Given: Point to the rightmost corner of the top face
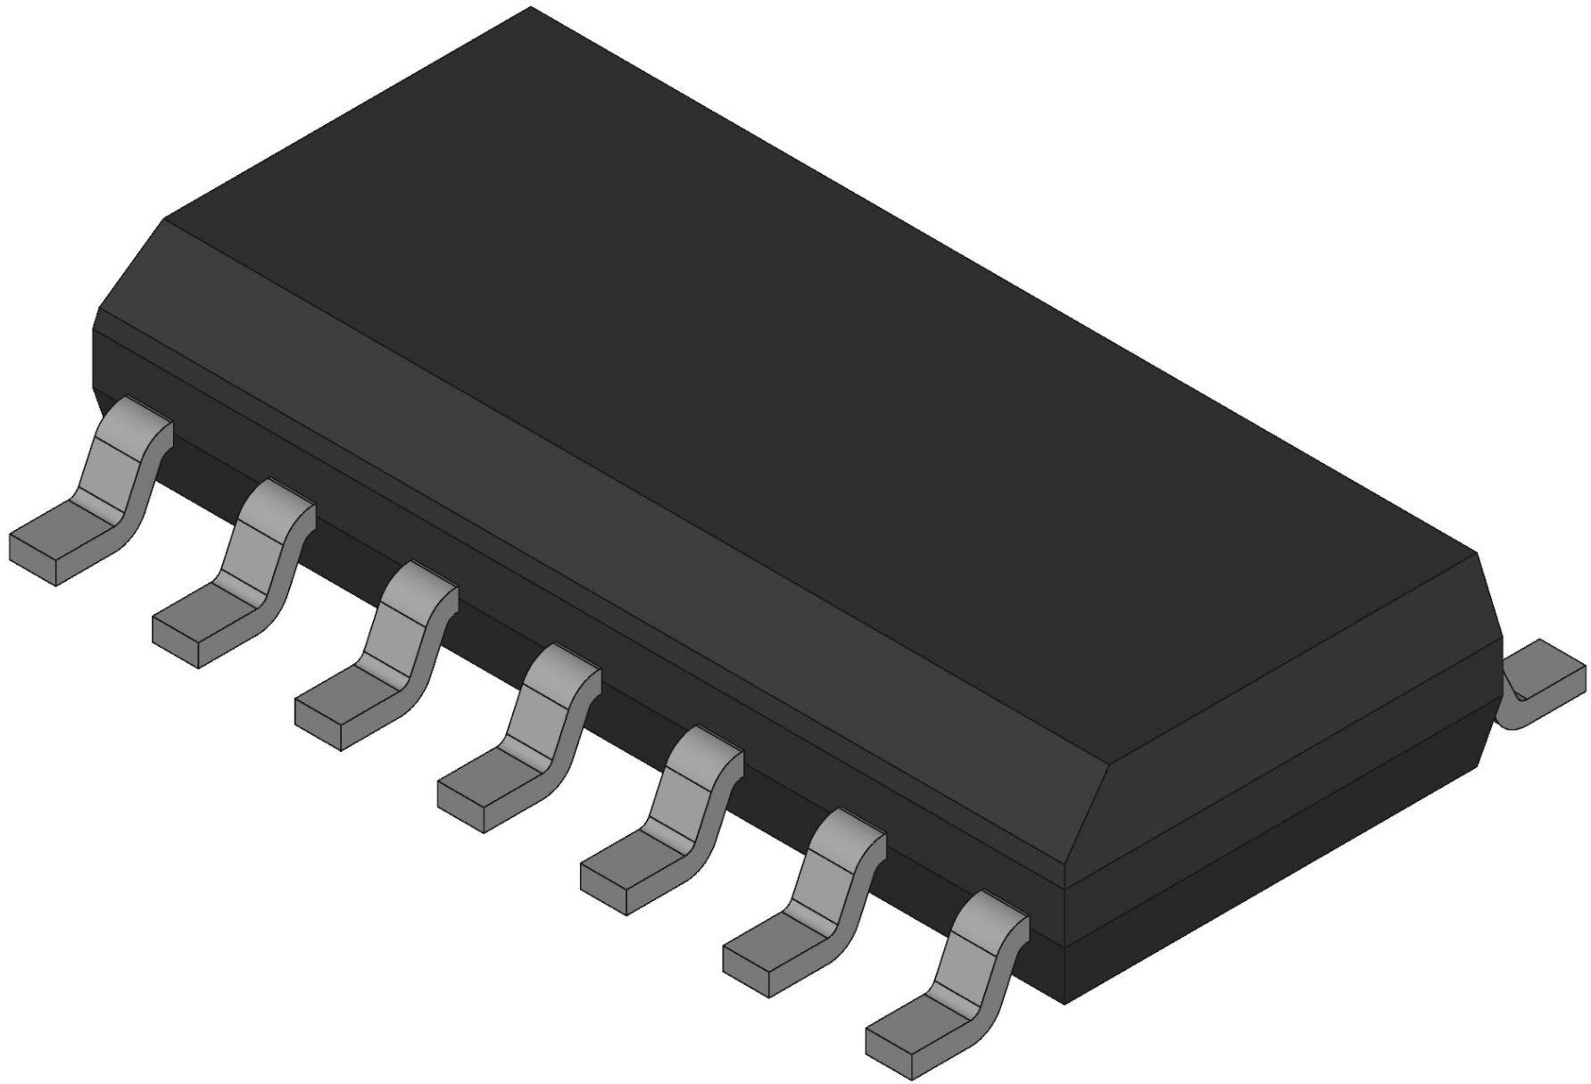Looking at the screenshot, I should click(x=1476, y=554).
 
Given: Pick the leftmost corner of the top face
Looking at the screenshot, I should click(x=167, y=217).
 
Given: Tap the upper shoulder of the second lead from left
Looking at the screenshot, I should click(x=277, y=504).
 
